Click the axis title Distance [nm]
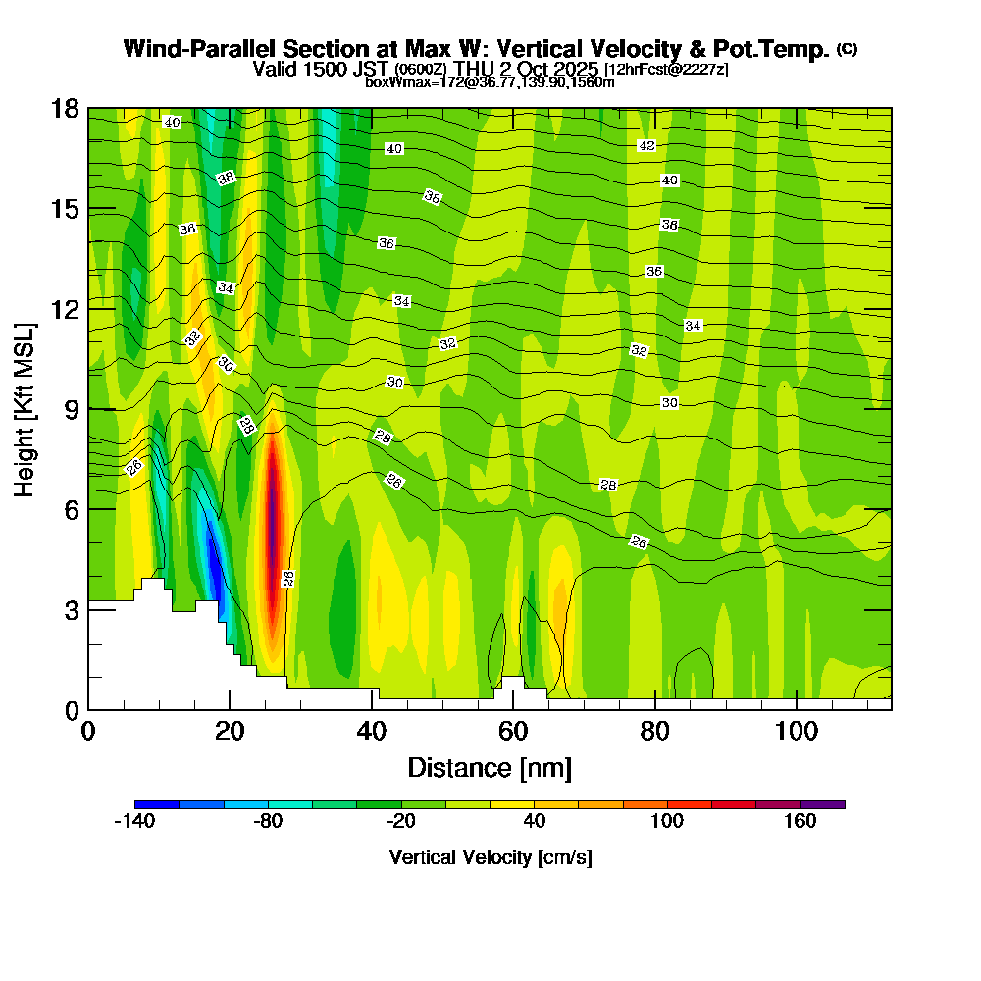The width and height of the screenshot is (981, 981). (490, 767)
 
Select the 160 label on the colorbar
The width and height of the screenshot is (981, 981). (800, 822)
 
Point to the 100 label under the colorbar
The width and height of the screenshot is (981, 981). (667, 822)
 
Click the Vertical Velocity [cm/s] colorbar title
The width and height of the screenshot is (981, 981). (490, 857)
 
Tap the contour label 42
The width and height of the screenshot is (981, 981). (646, 145)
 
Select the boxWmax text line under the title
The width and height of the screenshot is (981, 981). (490, 82)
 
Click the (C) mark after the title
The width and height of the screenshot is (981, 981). (848, 49)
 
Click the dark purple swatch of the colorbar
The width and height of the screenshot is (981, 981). (822, 804)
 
